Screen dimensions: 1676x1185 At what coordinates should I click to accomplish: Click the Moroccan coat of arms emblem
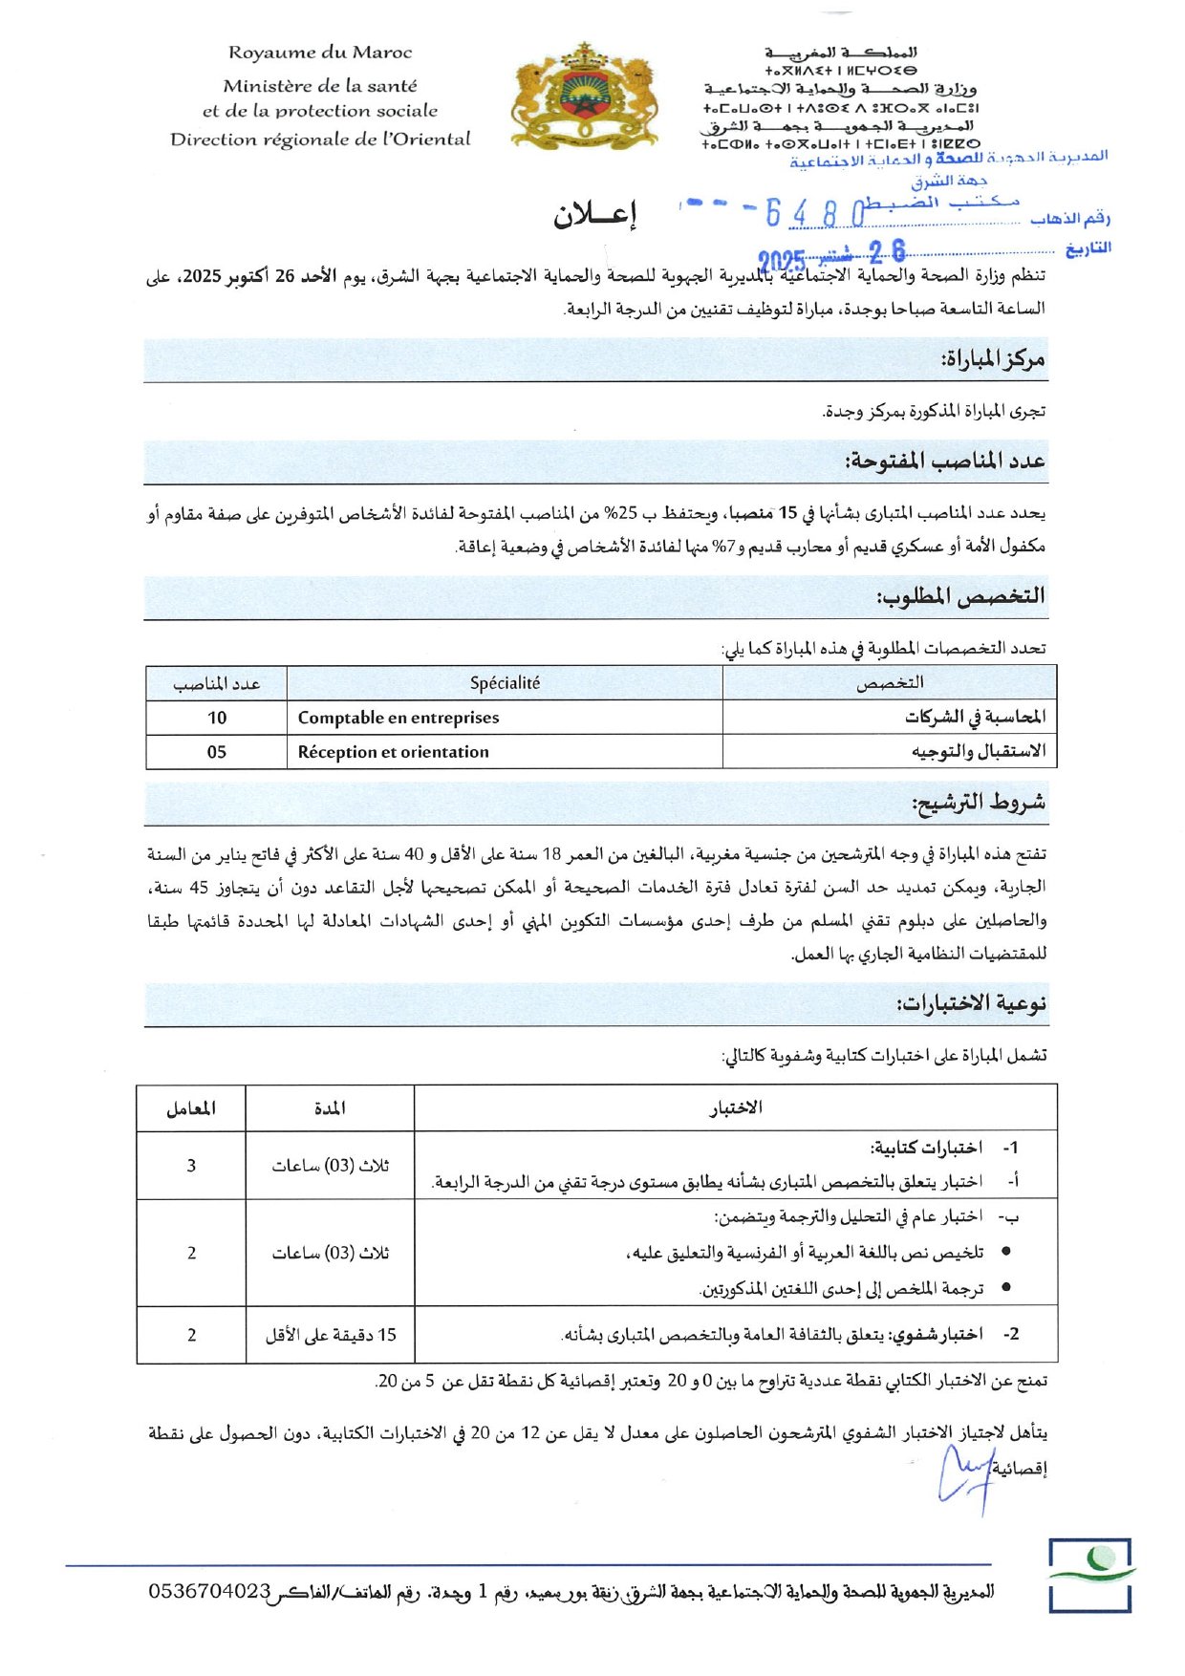tap(585, 96)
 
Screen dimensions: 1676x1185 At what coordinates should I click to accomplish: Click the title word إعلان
tap(594, 216)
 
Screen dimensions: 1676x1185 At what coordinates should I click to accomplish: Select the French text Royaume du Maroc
tap(320, 54)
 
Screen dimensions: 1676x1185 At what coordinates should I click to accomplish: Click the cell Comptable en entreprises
tap(399, 718)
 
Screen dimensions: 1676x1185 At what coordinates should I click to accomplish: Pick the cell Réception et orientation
tap(393, 752)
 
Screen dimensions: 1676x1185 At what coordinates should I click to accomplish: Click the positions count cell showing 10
tap(217, 718)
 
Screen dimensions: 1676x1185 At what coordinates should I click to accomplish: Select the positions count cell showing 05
tap(217, 752)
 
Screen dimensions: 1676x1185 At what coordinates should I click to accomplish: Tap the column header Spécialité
tap(505, 683)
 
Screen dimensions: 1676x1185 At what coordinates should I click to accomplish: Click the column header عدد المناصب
tap(217, 684)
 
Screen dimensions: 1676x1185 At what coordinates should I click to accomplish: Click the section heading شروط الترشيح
tap(979, 803)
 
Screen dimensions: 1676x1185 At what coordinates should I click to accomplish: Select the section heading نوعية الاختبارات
tap(971, 1003)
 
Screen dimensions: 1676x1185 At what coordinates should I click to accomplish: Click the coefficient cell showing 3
tap(192, 1166)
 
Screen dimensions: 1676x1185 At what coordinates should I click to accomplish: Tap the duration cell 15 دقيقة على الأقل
tap(331, 1335)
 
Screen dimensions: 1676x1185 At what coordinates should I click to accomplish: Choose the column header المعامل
tap(191, 1108)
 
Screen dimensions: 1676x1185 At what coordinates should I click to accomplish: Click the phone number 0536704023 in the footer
tap(210, 1591)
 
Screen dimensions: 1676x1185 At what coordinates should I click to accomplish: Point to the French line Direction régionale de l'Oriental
tap(320, 140)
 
